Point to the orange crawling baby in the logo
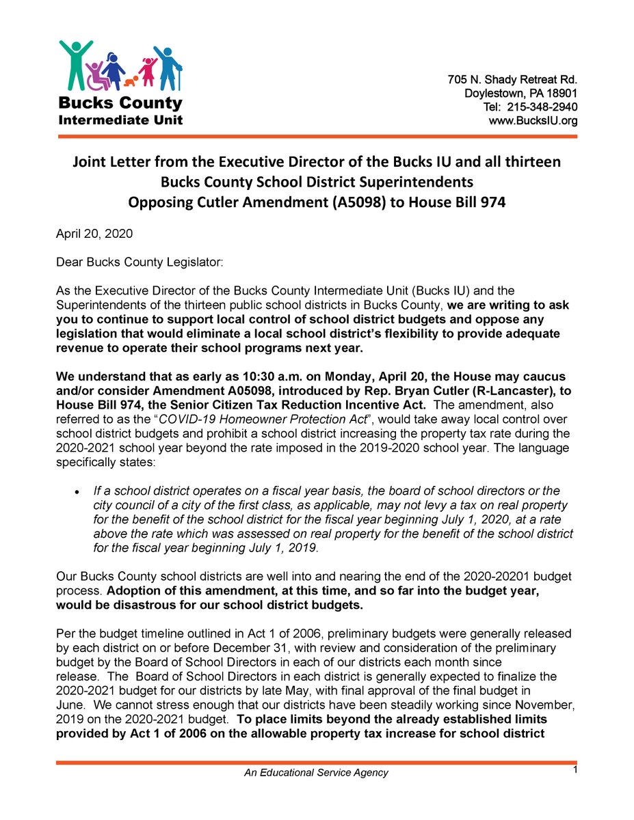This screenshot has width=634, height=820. (131, 82)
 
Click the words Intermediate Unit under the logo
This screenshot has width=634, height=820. (120, 120)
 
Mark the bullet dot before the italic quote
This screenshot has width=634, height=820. (79, 491)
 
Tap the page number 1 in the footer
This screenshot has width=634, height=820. (576, 770)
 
